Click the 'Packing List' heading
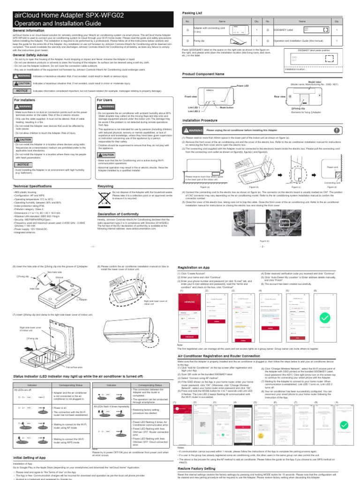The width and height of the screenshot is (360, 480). [x=193, y=14]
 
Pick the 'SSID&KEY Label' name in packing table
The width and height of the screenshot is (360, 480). [x=286, y=30]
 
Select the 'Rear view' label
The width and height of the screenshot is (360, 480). [x=280, y=96]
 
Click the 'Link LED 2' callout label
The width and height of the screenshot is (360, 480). [x=194, y=112]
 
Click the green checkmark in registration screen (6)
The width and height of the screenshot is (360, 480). [x=324, y=319]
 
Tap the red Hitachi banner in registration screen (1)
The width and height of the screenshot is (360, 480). [x=188, y=312]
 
